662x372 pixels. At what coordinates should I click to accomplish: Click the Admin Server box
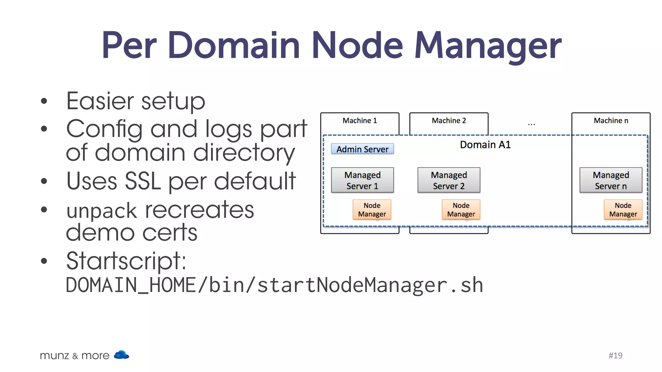pyautogui.click(x=362, y=149)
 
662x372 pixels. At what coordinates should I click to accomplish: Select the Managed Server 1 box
pyautogui.click(x=362, y=180)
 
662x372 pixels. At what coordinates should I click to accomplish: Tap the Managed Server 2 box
pyautogui.click(x=449, y=180)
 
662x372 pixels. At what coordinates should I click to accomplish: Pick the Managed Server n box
pyautogui.click(x=611, y=180)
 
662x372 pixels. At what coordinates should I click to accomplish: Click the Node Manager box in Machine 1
pyautogui.click(x=372, y=210)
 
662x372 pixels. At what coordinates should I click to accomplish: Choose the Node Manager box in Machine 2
pyautogui.click(x=461, y=210)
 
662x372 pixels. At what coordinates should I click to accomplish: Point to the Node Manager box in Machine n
pyautogui.click(x=623, y=210)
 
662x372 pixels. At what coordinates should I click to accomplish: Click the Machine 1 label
pyautogui.click(x=359, y=120)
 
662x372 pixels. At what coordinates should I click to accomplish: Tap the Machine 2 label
pyautogui.click(x=449, y=120)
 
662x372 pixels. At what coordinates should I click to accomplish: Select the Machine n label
pyautogui.click(x=611, y=120)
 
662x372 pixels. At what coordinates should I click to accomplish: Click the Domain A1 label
pyautogui.click(x=485, y=145)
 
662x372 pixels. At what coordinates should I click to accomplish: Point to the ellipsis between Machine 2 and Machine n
pyautogui.click(x=531, y=124)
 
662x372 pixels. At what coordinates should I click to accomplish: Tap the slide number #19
pyautogui.click(x=615, y=355)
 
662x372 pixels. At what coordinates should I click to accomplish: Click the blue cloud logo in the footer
pyautogui.click(x=122, y=355)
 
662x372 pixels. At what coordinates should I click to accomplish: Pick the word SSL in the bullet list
pyautogui.click(x=143, y=181)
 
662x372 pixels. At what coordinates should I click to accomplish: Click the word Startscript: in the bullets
pyautogui.click(x=126, y=261)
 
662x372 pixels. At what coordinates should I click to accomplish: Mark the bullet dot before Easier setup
pyautogui.click(x=44, y=101)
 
